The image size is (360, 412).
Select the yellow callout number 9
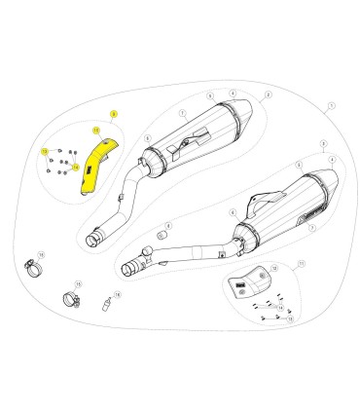pyautogui.click(x=113, y=115)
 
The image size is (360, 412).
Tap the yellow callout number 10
pyautogui.click(x=95, y=130)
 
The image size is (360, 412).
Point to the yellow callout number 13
pyautogui.click(x=45, y=151)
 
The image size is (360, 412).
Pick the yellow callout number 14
pyautogui.click(x=75, y=168)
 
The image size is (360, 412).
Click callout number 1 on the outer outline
pyautogui.click(x=331, y=104)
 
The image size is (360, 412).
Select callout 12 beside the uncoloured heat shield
pyautogui.click(x=274, y=267)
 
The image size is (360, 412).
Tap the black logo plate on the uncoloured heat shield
pyautogui.click(x=237, y=282)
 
